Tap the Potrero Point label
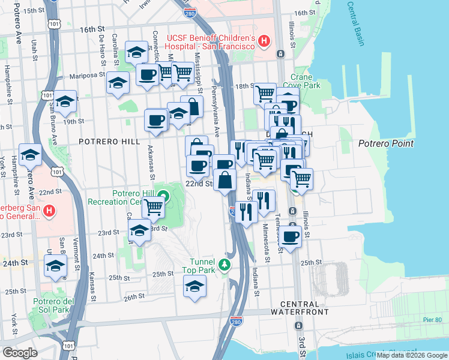coord(385,143)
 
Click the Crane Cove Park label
coord(305,81)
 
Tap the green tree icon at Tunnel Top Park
coord(224,265)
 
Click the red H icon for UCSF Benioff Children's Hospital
coord(264,41)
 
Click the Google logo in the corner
coord(20,353)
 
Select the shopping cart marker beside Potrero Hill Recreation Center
coord(154,207)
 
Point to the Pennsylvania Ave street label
coord(214,114)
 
